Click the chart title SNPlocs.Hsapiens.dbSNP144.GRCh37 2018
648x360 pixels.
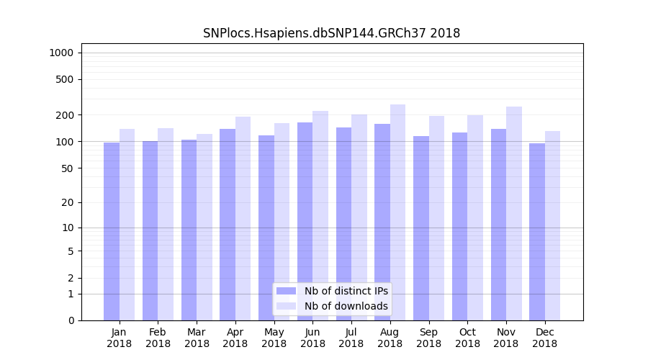pos(331,33)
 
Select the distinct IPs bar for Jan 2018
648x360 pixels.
pos(112,230)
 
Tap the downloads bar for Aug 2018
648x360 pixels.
pos(397,212)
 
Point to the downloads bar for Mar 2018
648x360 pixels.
pos(204,227)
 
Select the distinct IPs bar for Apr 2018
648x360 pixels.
pos(228,224)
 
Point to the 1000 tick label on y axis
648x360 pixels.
pos(61,53)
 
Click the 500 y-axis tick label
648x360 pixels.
pos(64,79)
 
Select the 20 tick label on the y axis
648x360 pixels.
pos(67,202)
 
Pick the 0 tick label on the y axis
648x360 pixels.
pos(71,320)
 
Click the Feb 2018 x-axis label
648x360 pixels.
pos(158,338)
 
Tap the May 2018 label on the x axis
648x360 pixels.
pos(274,338)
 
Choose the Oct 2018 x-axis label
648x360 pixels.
pos(467,338)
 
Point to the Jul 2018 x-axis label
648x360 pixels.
pos(351,338)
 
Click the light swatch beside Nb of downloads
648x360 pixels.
pos(287,306)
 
